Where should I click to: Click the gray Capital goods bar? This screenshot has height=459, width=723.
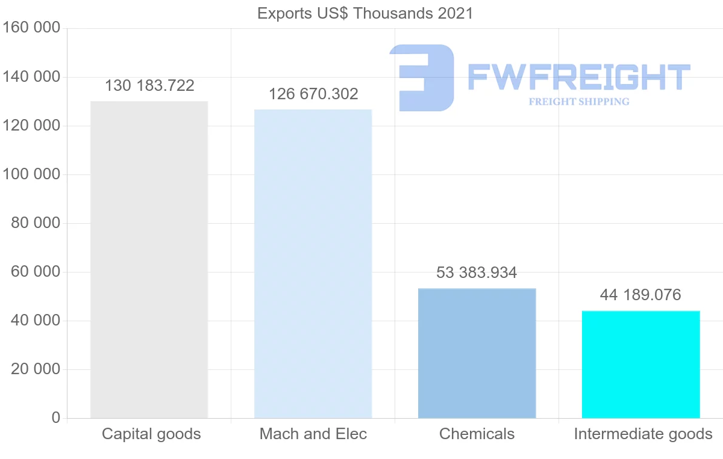click(149, 259)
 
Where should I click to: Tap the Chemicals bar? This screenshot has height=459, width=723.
click(477, 353)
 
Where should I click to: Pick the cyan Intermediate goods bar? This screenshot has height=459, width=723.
click(640, 364)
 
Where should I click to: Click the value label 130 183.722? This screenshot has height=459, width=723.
click(149, 86)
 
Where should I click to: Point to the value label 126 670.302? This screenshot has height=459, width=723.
click(313, 94)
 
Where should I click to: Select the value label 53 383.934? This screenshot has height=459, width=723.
click(477, 273)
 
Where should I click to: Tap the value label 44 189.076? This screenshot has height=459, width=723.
click(640, 295)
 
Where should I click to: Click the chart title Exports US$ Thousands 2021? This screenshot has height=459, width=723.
click(365, 13)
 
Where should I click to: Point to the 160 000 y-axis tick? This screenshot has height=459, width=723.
click(31, 28)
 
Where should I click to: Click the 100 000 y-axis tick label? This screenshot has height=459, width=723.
click(31, 174)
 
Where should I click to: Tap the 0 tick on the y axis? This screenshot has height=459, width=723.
click(56, 418)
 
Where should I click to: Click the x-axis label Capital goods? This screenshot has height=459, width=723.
click(151, 434)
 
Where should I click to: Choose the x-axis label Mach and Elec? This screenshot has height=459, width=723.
click(313, 434)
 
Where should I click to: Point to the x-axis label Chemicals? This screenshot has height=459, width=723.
click(477, 434)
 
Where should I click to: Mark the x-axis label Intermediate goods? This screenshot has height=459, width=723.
click(643, 434)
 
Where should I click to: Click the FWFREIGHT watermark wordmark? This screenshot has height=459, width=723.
click(578, 77)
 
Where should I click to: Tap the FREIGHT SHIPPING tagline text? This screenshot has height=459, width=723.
click(579, 102)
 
